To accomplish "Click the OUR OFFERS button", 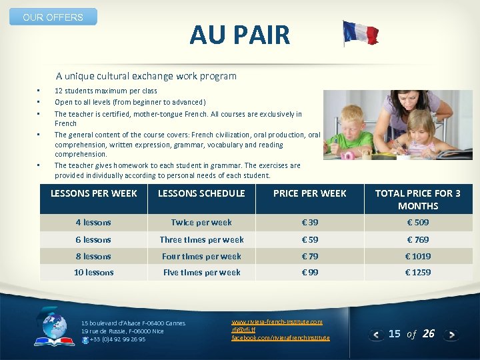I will click(x=53, y=17).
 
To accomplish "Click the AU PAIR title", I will click(x=239, y=35).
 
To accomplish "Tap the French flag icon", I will click(x=360, y=33).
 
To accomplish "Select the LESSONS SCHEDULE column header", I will click(x=201, y=193).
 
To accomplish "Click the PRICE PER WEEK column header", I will click(x=310, y=193).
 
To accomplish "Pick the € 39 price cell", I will click(x=310, y=223).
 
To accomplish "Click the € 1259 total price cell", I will click(x=419, y=272).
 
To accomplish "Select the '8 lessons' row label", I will click(x=93, y=256).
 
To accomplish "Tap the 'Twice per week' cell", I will click(x=201, y=223).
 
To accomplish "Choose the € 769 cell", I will click(x=419, y=239).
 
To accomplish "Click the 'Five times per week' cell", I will click(x=201, y=272).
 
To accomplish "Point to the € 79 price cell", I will click(x=310, y=256).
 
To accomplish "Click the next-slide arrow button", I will click(x=451, y=335).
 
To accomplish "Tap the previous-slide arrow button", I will click(x=377, y=335).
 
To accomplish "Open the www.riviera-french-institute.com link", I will click(x=277, y=321).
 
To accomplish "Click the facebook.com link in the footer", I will click(x=280, y=338).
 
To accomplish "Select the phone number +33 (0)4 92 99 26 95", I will click(x=117, y=339).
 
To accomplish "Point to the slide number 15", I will click(x=395, y=333).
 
